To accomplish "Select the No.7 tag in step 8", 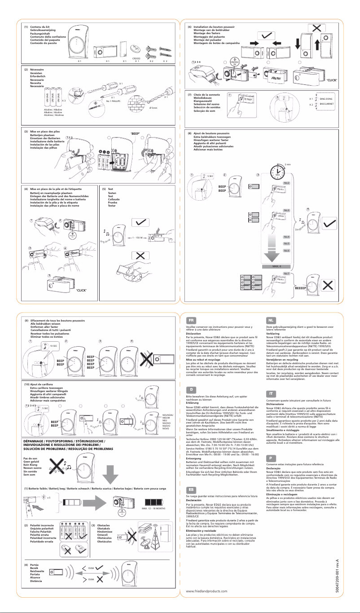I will point(286,273).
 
